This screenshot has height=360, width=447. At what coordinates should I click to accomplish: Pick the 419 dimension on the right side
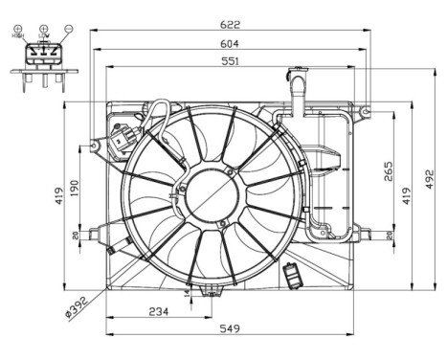[406, 197]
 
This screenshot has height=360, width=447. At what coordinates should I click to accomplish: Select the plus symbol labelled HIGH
[18, 30]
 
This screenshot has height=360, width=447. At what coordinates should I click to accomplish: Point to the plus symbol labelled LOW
[43, 30]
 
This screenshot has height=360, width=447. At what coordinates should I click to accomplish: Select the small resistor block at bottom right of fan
[293, 279]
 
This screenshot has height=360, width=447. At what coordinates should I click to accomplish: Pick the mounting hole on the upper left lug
[94, 146]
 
